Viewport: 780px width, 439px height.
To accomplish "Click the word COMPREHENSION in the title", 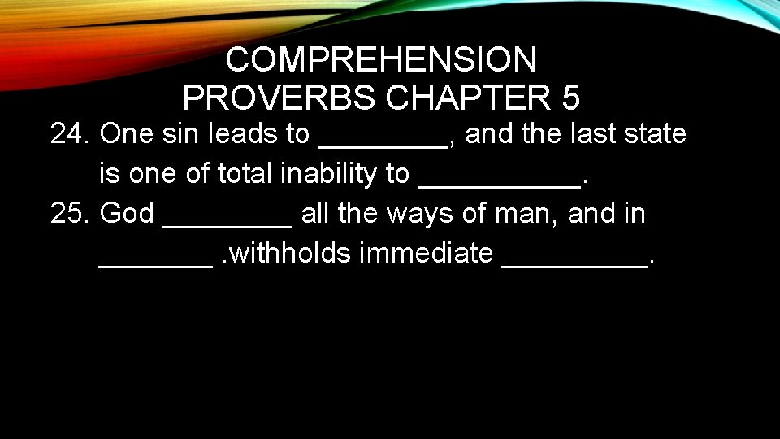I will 381,59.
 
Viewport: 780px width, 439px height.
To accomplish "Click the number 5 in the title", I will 570,98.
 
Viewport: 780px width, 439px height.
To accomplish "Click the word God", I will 126,214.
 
